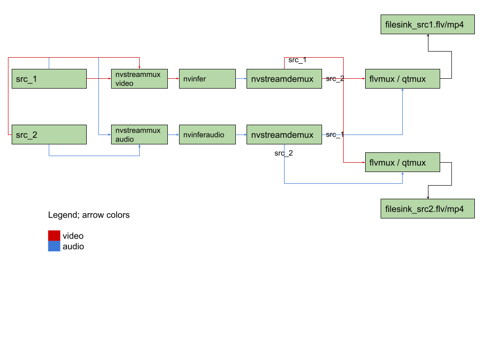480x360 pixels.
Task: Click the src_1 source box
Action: click(49, 79)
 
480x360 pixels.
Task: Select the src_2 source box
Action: click(49, 135)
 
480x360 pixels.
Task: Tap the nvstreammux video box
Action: click(139, 79)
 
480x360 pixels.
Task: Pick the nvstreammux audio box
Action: click(139, 135)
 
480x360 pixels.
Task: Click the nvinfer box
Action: click(207, 79)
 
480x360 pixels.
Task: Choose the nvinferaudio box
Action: click(207, 135)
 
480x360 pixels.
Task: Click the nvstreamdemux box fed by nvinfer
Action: click(284, 79)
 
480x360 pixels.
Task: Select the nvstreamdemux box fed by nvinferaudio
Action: click(284, 135)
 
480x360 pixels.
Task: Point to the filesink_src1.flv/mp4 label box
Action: click(427, 25)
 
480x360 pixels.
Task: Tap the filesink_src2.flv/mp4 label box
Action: click(427, 209)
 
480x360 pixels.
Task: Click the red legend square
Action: click(54, 235)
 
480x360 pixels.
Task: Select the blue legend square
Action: click(54, 247)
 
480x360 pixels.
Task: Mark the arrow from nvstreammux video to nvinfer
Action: click(173, 79)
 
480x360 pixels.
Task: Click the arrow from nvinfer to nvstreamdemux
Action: click(241, 79)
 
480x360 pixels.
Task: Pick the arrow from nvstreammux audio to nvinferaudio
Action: click(173, 135)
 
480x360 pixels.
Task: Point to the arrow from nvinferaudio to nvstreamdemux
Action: click(241, 135)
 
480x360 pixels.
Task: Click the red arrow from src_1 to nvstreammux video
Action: click(99, 79)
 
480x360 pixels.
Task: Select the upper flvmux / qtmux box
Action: click(403, 79)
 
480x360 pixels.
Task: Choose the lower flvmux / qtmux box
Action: click(403, 162)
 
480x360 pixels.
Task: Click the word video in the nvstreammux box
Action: click(125, 83)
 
